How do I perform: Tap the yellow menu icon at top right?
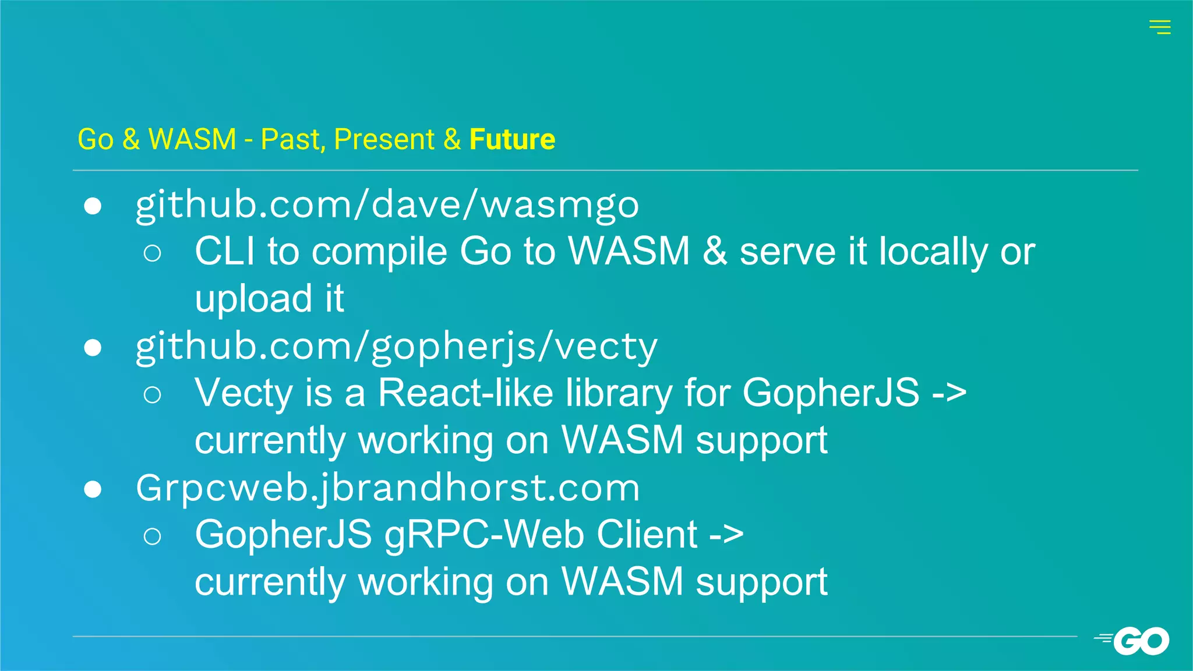pyautogui.click(x=1159, y=27)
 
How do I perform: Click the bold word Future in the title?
pyautogui.click(x=512, y=139)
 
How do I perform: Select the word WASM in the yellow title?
pyautogui.click(x=192, y=139)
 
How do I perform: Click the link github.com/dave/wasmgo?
pyautogui.click(x=387, y=206)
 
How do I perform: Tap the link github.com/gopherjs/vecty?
pyautogui.click(x=397, y=347)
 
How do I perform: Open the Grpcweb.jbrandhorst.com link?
pyautogui.click(x=387, y=488)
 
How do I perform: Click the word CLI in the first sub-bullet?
pyautogui.click(x=224, y=252)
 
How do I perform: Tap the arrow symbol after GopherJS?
pyautogui.click(x=949, y=393)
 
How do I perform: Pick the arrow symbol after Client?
pyautogui.click(x=726, y=535)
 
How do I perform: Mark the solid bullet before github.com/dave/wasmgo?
pyautogui.click(x=93, y=206)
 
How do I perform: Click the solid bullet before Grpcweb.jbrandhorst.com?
pyautogui.click(x=93, y=489)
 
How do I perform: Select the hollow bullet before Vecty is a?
pyautogui.click(x=152, y=395)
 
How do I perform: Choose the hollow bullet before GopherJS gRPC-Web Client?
pyautogui.click(x=152, y=536)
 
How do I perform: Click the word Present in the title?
pyautogui.click(x=384, y=139)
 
